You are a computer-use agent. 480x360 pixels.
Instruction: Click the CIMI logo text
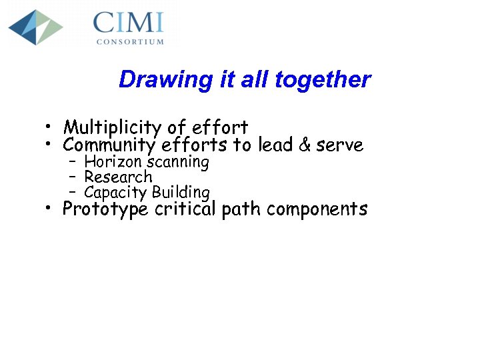coord(128,23)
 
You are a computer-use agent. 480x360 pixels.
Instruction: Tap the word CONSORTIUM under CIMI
coord(129,41)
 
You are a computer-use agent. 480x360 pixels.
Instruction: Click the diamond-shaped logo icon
coord(35,27)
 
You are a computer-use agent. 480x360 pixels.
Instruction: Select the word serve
coord(342,145)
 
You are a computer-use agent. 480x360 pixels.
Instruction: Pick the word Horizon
coord(109,162)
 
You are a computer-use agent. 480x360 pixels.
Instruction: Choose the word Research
coord(118,177)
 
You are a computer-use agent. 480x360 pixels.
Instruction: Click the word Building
coord(181,193)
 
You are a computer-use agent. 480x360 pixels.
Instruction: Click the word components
coord(317,209)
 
